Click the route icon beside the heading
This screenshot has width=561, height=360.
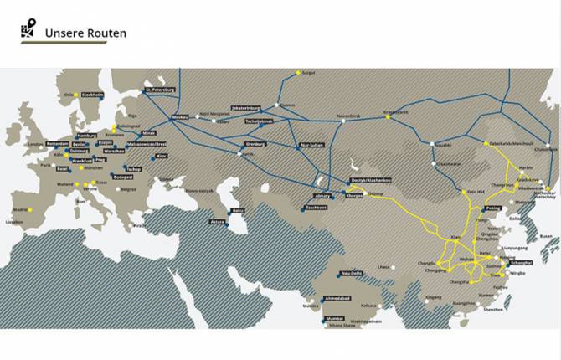[29, 29]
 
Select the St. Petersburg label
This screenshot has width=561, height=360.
[159, 89]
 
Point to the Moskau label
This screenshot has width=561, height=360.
[180, 116]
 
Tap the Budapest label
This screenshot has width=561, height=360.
[123, 177]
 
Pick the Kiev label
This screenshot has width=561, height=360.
[162, 156]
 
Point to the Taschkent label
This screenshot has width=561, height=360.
[316, 207]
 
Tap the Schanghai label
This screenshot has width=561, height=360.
[518, 263]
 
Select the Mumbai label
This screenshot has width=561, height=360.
[334, 319]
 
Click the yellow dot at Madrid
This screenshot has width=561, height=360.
[28, 210]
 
